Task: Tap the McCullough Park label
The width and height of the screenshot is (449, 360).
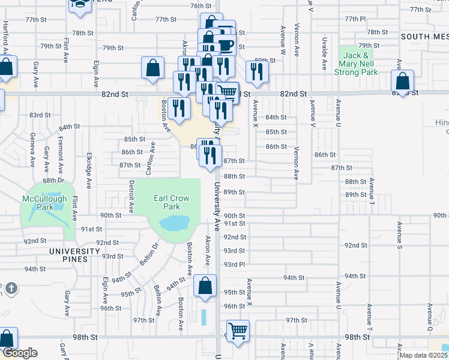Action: pyautogui.click(x=42, y=203)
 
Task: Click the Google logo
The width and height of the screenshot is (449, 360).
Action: pyautogui.click(x=19, y=353)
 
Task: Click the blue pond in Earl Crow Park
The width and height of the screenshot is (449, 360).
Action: pyautogui.click(x=172, y=224)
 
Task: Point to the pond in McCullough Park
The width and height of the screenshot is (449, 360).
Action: pyautogui.click(x=50, y=212)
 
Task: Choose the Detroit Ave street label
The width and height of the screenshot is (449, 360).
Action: pyautogui.click(x=131, y=199)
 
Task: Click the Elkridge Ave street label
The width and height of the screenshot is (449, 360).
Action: pyautogui.click(x=89, y=170)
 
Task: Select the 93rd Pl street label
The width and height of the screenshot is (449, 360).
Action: pyautogui.click(x=234, y=264)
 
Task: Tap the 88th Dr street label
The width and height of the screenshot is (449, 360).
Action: pyautogui.click(x=53, y=180)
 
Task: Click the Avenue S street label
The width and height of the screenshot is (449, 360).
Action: pyautogui.click(x=399, y=236)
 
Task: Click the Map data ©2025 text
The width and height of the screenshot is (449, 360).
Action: pyautogui.click(x=423, y=355)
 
